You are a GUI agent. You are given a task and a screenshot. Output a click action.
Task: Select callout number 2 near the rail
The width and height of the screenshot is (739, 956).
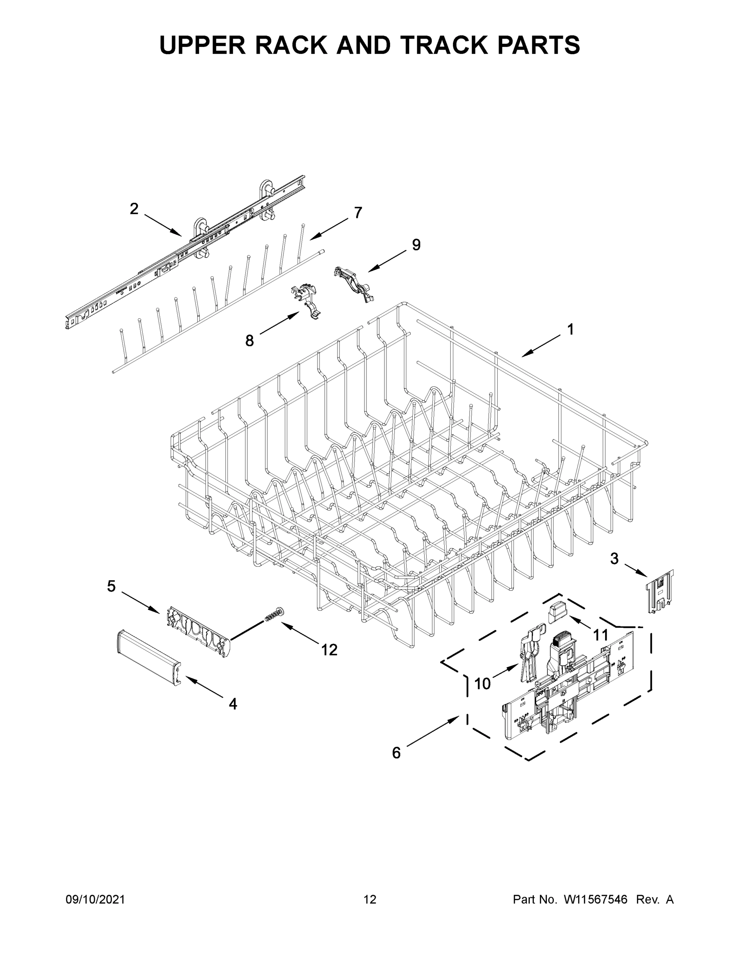pos(134,209)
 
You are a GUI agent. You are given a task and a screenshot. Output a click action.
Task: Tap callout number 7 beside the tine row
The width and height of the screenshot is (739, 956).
pos(358,213)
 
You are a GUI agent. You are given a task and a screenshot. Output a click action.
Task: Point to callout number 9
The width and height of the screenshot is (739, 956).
pos(416,245)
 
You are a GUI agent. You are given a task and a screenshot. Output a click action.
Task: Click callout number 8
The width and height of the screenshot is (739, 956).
pos(249,341)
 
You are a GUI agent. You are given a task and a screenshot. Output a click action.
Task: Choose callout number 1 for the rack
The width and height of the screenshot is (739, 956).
pos(570,329)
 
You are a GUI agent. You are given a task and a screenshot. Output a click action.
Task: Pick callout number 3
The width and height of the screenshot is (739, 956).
pos(614,558)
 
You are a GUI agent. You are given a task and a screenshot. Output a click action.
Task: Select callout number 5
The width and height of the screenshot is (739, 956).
pos(112,586)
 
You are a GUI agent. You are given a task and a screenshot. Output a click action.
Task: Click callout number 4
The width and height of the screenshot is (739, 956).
pos(233,703)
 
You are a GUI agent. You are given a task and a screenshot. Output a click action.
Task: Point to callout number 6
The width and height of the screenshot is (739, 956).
pos(396,752)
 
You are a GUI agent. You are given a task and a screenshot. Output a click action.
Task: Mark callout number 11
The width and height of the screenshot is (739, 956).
pos(601,634)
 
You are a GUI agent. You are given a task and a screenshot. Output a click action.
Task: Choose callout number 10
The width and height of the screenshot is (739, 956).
pos(482,683)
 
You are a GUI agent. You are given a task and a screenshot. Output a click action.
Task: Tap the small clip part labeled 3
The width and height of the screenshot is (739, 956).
pos(660,591)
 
